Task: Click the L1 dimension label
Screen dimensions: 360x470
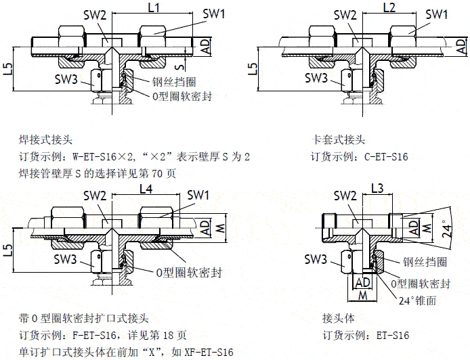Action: click(x=153, y=8)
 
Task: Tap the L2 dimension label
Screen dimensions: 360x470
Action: click(x=389, y=8)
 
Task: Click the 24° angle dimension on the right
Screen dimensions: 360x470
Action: click(x=445, y=230)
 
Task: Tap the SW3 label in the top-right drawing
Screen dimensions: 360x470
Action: click(x=316, y=78)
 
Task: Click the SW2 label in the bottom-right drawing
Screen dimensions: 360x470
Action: click(x=345, y=196)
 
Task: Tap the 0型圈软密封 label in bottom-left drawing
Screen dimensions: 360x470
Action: click(x=189, y=273)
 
